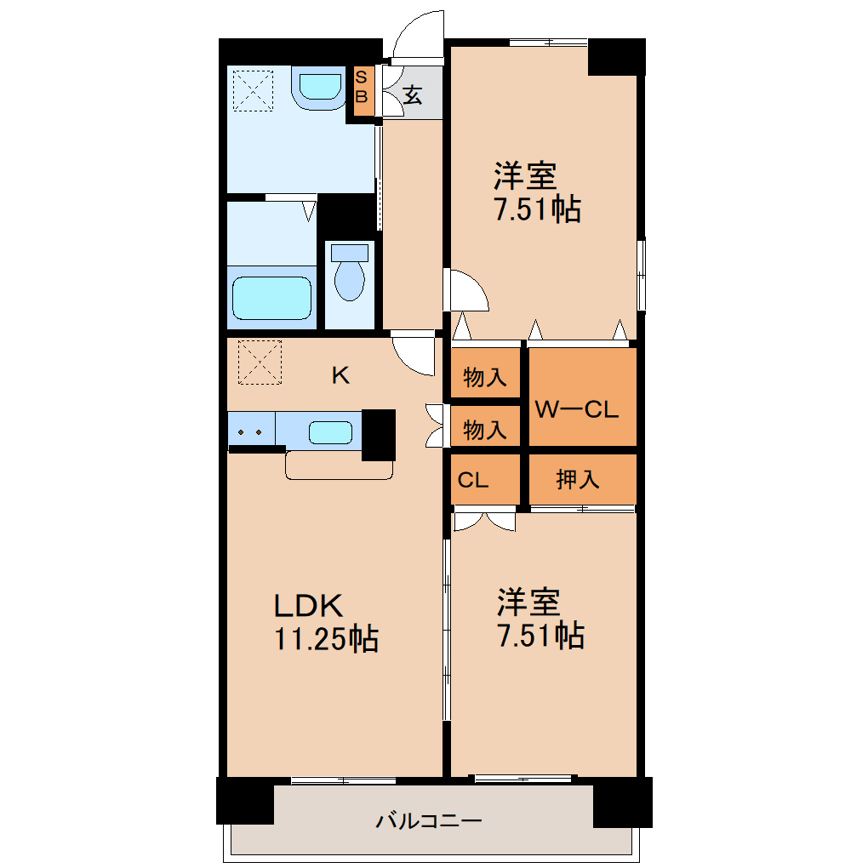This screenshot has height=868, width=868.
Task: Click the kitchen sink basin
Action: tap(330, 432)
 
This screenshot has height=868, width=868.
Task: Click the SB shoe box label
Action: tap(361, 89)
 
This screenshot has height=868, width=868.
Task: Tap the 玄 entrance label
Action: tap(413, 95)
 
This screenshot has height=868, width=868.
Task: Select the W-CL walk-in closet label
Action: tap(576, 409)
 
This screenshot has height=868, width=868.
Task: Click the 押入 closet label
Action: tap(578, 480)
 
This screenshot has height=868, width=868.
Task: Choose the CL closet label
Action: tap(473, 480)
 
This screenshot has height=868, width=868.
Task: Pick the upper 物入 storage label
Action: tap(485, 377)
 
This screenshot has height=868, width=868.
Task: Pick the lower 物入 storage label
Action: tap(485, 431)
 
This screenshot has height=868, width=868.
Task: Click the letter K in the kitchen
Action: tap(340, 375)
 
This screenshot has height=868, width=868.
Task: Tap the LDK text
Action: tap(307, 606)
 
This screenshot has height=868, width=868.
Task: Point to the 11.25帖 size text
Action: tap(326, 637)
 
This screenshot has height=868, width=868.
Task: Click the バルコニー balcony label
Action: tap(430, 821)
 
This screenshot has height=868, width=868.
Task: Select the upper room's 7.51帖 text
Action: tap(538, 208)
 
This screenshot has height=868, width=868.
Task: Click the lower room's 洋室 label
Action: tap(529, 602)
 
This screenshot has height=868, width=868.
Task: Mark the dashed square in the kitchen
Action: tap(260, 362)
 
